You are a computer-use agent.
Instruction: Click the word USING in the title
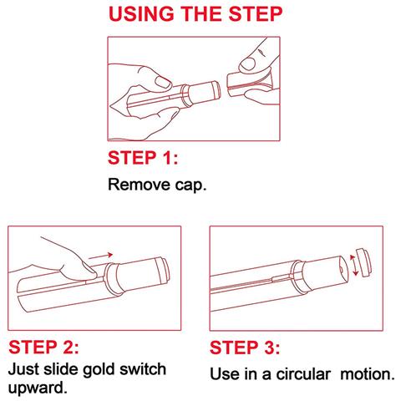141,13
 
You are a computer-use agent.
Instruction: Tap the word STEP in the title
256,13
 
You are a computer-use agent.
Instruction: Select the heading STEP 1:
143,158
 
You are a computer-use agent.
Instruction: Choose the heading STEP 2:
43,347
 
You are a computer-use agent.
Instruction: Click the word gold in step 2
99,370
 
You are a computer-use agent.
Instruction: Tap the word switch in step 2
143,368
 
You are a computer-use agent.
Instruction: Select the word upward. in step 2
38,388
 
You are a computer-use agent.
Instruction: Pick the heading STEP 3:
245,348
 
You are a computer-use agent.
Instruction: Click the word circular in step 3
303,374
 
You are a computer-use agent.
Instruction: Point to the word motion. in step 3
368,374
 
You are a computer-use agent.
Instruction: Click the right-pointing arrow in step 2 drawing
100,256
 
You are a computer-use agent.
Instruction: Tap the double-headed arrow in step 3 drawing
353,265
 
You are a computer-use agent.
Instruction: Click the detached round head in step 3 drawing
363,262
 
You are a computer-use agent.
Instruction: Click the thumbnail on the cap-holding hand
247,64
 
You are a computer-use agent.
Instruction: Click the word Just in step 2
23,369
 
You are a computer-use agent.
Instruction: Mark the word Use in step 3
225,374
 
